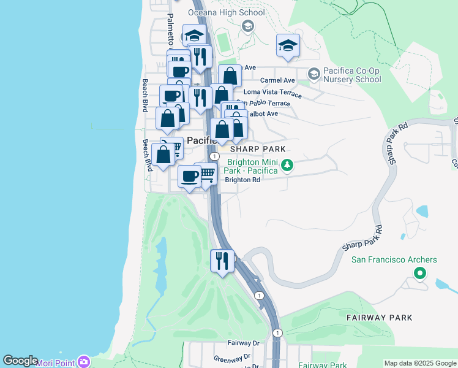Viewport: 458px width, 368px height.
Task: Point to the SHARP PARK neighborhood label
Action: pos(258,149)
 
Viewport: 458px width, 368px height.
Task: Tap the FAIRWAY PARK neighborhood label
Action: pos(379,318)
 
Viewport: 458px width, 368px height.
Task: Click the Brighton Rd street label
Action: pos(242,180)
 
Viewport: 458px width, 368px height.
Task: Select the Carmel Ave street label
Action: pos(277,80)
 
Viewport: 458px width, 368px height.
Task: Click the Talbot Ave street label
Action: pos(263,113)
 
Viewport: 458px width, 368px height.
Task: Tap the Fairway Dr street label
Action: pos(244,343)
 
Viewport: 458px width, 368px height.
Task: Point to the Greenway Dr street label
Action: pos(232,356)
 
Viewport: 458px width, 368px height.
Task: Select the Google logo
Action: pos(20,361)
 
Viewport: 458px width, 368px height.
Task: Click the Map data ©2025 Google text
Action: pos(421,364)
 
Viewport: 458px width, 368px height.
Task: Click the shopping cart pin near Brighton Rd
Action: pos(207,174)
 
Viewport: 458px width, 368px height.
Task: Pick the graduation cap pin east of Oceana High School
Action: pos(287,46)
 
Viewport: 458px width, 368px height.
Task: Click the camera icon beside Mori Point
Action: pos(84,362)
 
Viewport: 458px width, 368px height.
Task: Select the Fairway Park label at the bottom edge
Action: pos(322,365)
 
